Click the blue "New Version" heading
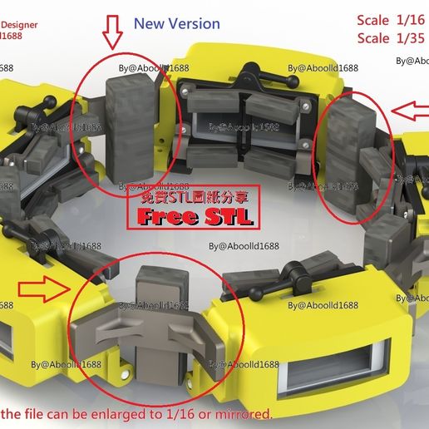point(176,24)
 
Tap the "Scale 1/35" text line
point(391,38)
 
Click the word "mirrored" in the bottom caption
point(243,413)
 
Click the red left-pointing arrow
point(410,110)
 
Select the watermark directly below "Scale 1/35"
point(411,60)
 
